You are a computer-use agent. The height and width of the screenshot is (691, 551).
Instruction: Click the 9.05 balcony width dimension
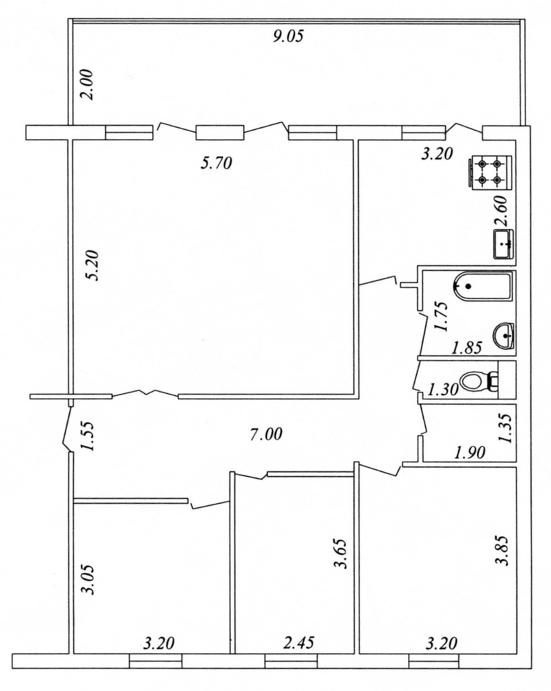click(x=288, y=36)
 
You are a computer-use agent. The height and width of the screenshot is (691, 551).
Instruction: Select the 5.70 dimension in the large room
click(x=216, y=164)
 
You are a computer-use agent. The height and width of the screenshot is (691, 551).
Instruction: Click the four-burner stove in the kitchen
click(x=490, y=173)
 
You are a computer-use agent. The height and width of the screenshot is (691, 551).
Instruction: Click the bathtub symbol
click(x=483, y=287)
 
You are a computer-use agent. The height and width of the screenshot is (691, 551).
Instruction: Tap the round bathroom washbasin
click(x=505, y=337)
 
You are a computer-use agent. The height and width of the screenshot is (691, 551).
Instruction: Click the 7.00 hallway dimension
click(x=265, y=435)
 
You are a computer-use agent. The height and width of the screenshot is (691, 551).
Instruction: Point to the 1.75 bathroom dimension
click(x=441, y=316)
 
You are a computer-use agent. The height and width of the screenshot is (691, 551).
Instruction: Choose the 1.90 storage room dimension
click(x=469, y=453)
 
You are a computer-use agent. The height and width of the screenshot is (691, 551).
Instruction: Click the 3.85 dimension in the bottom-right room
click(x=503, y=550)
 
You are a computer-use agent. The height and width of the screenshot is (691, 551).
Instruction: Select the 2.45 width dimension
click(x=299, y=643)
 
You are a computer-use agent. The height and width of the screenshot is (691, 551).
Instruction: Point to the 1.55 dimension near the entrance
click(x=88, y=436)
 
